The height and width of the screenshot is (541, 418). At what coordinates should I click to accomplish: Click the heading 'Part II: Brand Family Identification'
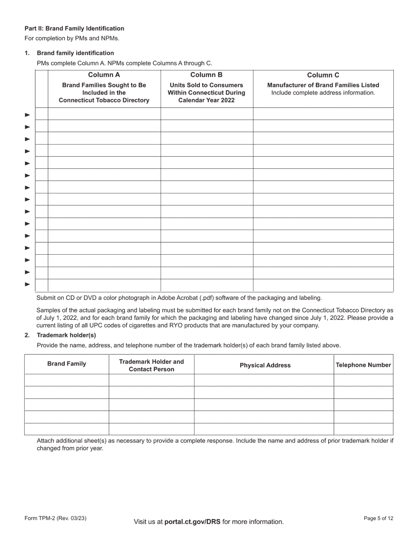[x=74, y=28]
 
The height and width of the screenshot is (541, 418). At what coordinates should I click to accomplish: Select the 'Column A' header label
[x=104, y=75]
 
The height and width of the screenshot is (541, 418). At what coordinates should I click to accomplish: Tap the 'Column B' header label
[x=206, y=75]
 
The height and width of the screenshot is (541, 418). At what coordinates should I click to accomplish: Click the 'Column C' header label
[x=323, y=75]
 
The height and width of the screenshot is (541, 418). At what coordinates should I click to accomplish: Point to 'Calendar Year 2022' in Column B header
[x=206, y=100]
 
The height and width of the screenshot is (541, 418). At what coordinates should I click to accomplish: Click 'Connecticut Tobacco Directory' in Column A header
[x=104, y=100]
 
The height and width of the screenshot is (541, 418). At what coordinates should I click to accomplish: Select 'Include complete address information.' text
[x=323, y=93]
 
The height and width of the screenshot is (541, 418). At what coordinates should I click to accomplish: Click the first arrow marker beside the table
[x=27, y=115]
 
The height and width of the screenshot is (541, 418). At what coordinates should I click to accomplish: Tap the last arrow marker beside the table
[x=27, y=284]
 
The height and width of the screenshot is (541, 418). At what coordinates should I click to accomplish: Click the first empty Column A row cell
[x=104, y=114]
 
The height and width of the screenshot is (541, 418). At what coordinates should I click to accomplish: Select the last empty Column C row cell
[x=323, y=285]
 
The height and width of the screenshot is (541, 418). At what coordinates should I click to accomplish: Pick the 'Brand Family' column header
[x=66, y=364]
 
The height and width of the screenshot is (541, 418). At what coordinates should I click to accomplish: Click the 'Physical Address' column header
[x=265, y=365]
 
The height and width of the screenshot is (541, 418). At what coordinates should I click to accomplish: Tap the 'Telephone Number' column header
[x=363, y=365]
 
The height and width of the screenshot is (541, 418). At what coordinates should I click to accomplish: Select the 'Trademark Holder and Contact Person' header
[x=151, y=365]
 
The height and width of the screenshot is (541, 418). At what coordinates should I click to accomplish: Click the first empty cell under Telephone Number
[x=363, y=380]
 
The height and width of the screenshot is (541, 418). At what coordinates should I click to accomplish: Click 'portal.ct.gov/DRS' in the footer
[x=192, y=522]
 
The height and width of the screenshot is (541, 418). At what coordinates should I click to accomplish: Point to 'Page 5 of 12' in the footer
[x=378, y=519]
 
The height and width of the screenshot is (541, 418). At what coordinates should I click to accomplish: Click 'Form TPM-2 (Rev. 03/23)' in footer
[x=55, y=519]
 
